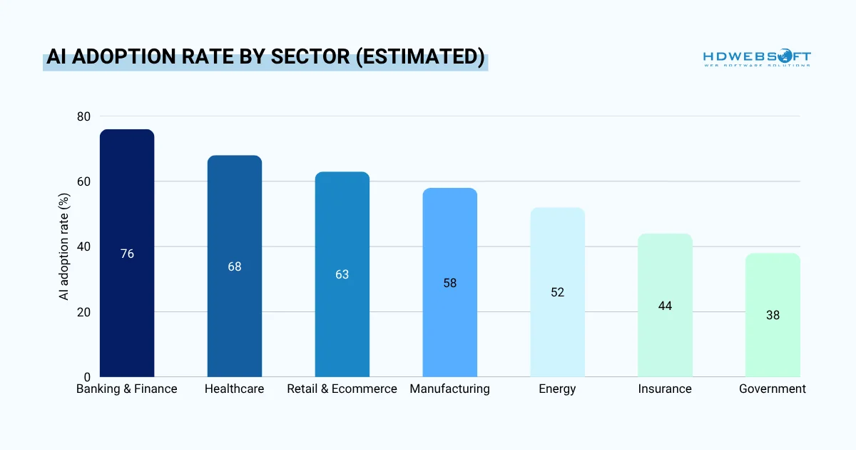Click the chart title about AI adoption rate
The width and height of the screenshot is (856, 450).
click(x=265, y=59)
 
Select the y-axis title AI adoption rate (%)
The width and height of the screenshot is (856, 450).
click(x=65, y=246)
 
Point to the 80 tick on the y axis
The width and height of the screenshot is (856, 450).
click(x=84, y=116)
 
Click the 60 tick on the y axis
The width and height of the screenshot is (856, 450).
click(x=84, y=181)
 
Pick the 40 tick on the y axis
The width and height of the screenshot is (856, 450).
click(x=84, y=246)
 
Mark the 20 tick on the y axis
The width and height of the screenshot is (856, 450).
click(x=84, y=312)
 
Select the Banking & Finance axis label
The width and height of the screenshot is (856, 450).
click(x=127, y=389)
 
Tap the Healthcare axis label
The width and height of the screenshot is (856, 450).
click(x=234, y=389)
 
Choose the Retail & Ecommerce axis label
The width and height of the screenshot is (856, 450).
click(x=342, y=389)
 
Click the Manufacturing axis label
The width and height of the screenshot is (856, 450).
click(x=449, y=389)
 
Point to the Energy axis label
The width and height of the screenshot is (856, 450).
click(x=557, y=389)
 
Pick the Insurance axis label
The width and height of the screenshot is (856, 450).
click(x=665, y=389)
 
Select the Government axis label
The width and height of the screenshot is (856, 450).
click(x=773, y=389)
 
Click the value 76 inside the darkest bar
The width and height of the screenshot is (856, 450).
click(x=127, y=254)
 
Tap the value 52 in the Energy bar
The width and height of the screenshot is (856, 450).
click(x=557, y=292)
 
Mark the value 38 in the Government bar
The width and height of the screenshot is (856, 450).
click(x=773, y=315)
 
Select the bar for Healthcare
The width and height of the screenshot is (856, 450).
click(x=234, y=214)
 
